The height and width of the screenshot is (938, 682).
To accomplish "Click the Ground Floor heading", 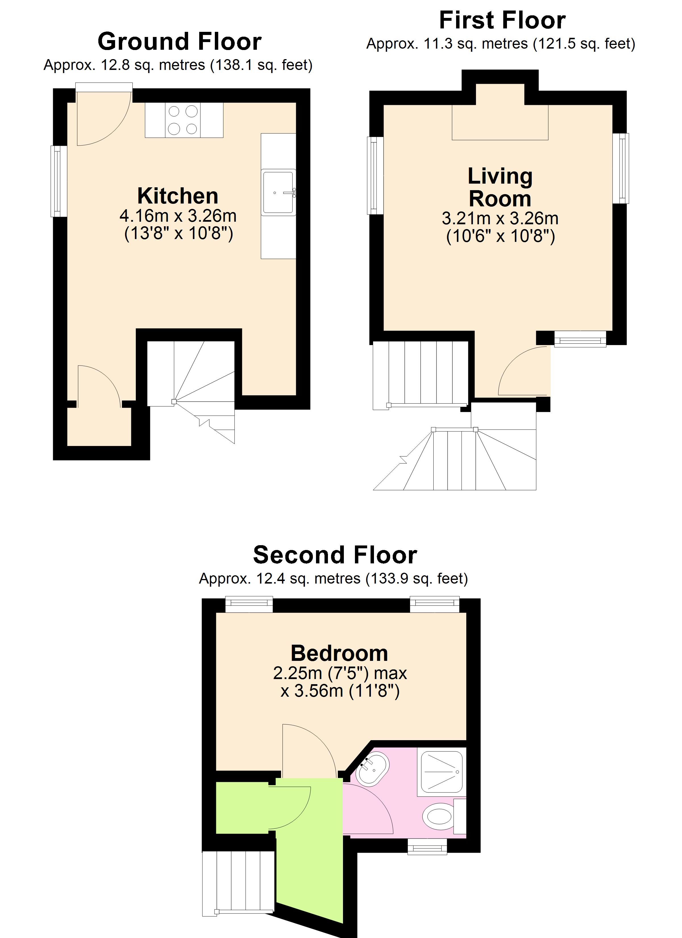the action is [180, 41].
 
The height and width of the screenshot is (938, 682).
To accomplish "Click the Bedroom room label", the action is [339, 653].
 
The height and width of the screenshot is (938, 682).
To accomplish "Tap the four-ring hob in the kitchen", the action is [183, 120].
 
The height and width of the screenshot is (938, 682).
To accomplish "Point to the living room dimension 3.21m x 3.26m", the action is [500, 218].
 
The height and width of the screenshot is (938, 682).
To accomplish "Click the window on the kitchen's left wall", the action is [59, 181].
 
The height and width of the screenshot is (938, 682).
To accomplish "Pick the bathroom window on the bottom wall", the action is [427, 846].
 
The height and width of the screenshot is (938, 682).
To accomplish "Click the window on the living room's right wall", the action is [621, 168].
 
